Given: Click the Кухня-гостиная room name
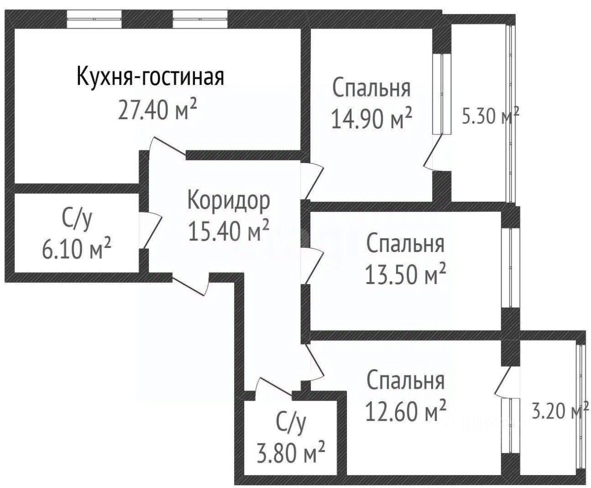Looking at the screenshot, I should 150,77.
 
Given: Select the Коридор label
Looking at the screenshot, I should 229,201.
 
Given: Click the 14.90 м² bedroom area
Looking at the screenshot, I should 371,119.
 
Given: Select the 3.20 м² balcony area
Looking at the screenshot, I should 560,410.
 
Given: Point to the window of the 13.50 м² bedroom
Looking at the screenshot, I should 510,268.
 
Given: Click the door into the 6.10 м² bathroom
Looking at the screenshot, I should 150,231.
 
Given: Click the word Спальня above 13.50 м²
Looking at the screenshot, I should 405,244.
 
